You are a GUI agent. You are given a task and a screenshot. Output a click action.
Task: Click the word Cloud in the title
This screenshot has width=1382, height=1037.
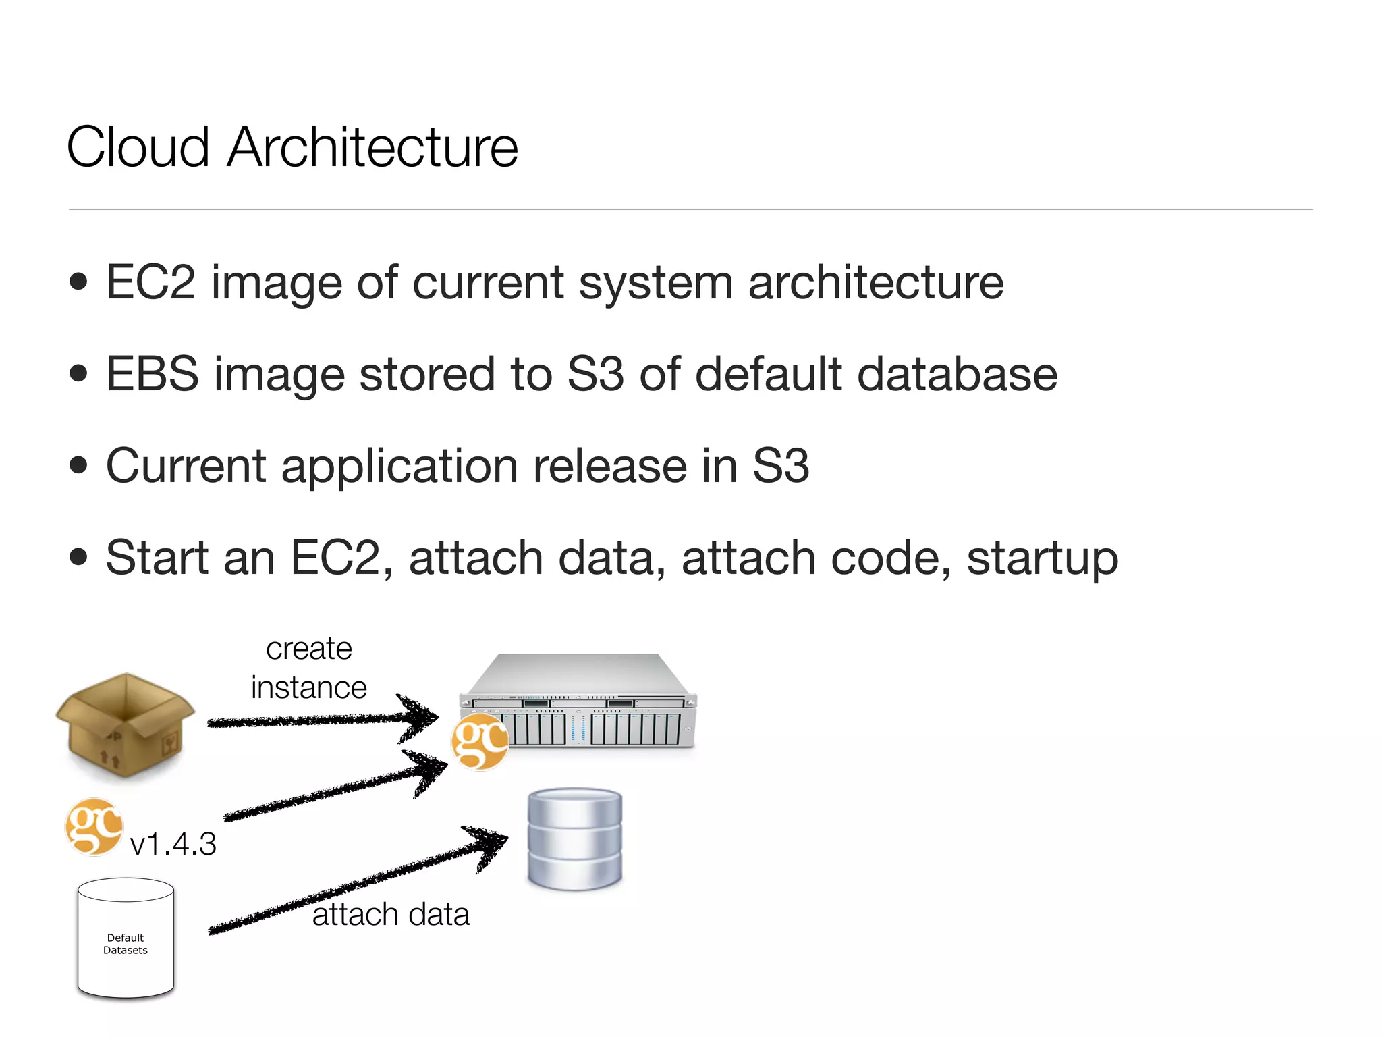138,147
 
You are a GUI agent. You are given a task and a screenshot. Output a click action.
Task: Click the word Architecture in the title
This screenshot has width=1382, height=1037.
372,147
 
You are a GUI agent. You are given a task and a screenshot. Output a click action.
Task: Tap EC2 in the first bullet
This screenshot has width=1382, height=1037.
150,282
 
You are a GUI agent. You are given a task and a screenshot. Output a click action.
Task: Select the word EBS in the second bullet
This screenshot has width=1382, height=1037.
153,374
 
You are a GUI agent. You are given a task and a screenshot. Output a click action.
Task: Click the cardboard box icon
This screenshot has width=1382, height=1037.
126,726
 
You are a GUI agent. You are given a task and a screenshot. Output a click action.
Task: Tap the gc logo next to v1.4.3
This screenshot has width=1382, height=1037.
94,827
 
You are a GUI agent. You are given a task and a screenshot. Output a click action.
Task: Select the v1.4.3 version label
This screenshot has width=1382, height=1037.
173,845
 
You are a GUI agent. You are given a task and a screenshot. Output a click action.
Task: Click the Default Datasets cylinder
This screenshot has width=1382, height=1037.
126,938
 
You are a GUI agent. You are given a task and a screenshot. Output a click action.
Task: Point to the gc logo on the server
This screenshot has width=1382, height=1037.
480,743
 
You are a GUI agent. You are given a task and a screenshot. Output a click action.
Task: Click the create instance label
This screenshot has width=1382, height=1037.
309,668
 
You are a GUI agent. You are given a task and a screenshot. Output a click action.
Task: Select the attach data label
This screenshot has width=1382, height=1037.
391,915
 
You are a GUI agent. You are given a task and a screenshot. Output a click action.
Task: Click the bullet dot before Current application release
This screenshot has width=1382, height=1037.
78,465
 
